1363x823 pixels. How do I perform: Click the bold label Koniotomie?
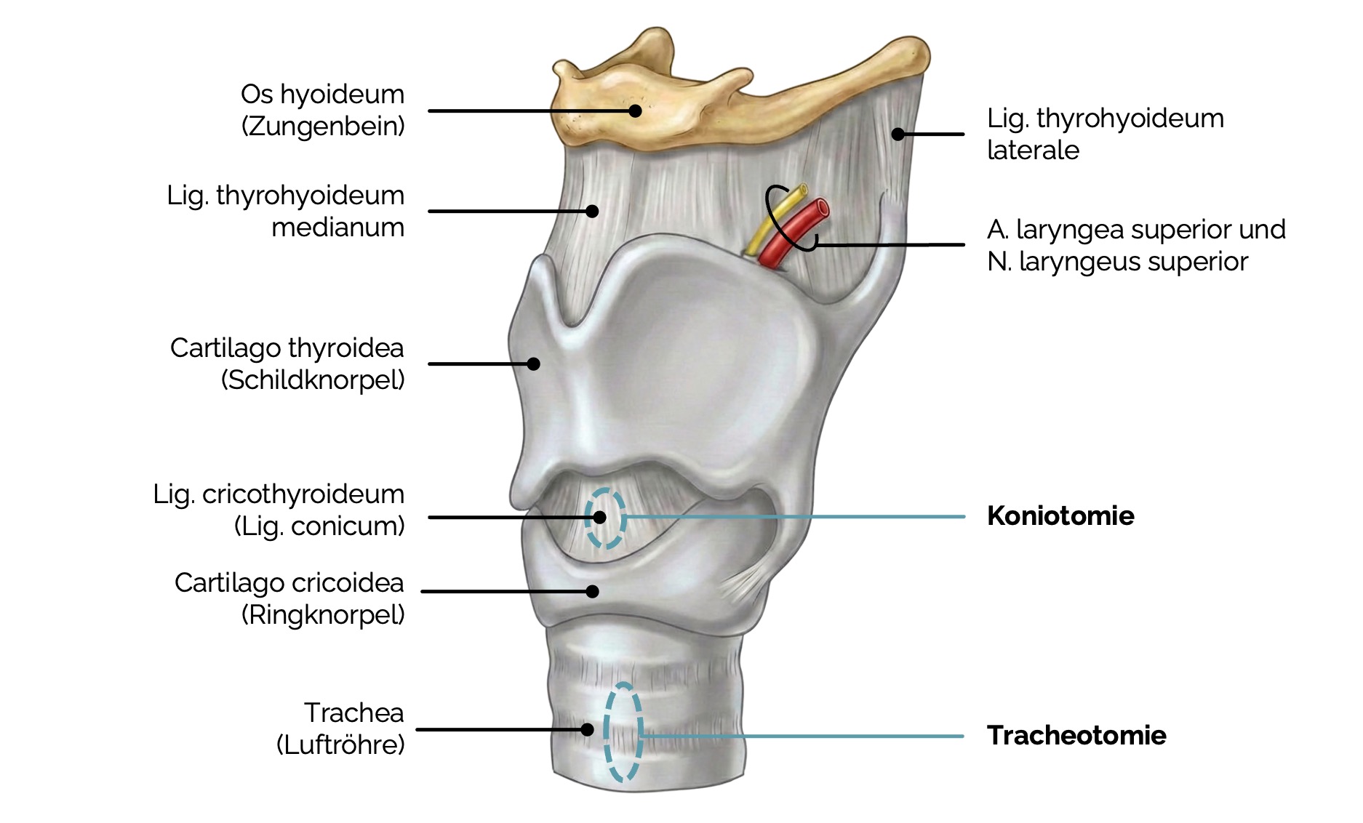1060,515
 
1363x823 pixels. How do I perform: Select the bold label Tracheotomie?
1076,735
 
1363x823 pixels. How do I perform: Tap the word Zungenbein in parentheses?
323,126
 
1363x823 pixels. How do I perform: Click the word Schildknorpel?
313,380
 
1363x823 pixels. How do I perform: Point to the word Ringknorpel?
323,615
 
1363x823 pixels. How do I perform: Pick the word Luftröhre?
340,744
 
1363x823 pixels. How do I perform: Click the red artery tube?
794,231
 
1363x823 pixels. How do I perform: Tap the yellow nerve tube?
775,220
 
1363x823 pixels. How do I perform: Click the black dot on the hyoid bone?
635,111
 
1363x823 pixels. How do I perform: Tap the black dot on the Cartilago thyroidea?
533,364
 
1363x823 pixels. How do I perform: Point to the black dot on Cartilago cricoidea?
593,591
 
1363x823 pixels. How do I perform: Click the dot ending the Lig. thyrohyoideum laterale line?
898,134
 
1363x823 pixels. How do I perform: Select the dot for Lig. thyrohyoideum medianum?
592,211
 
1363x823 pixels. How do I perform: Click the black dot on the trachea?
587,729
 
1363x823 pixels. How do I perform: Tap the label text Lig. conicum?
319,526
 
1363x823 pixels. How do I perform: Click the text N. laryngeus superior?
1117,262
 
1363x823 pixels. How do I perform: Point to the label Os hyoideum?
322,95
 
